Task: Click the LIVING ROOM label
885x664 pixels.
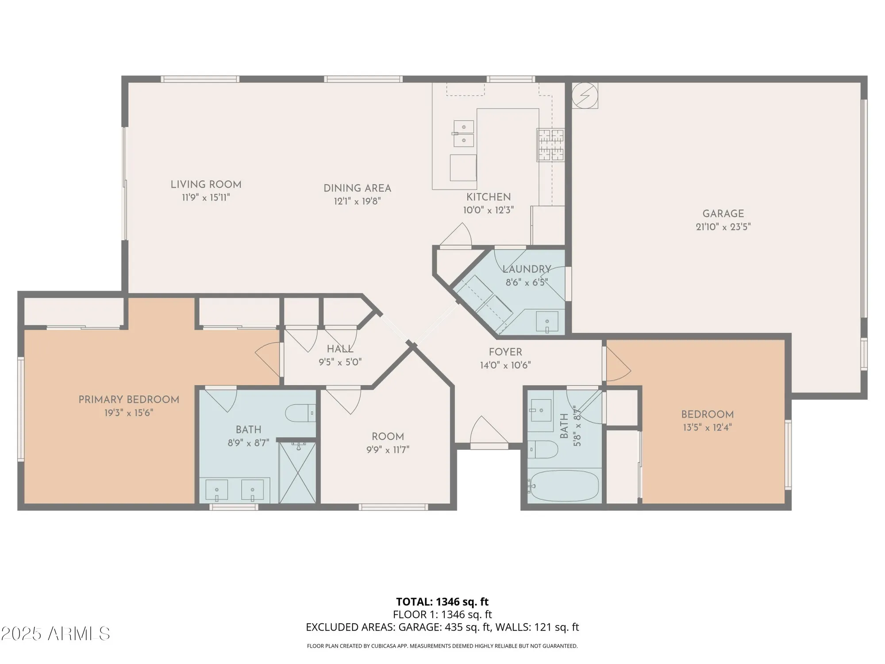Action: point(206,185)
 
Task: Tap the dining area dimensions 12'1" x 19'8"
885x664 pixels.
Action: point(357,201)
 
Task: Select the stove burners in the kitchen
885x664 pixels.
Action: point(550,144)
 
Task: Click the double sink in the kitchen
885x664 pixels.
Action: point(463,134)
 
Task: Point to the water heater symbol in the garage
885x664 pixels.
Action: point(585,95)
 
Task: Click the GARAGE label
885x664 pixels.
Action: point(723,213)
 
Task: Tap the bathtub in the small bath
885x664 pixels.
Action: point(564,486)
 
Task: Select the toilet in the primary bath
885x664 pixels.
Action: point(300,413)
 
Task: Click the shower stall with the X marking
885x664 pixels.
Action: point(297,473)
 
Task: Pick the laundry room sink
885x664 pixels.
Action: point(547,322)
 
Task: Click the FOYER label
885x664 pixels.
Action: point(505,352)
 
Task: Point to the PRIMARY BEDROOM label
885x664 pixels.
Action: point(129,400)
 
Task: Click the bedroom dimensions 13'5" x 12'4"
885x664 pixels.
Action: point(707,428)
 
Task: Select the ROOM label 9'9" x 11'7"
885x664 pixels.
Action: point(388,436)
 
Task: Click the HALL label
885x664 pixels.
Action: point(340,349)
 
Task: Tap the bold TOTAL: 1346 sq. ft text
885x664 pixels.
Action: point(442,602)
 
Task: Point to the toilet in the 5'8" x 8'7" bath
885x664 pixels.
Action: point(543,449)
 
